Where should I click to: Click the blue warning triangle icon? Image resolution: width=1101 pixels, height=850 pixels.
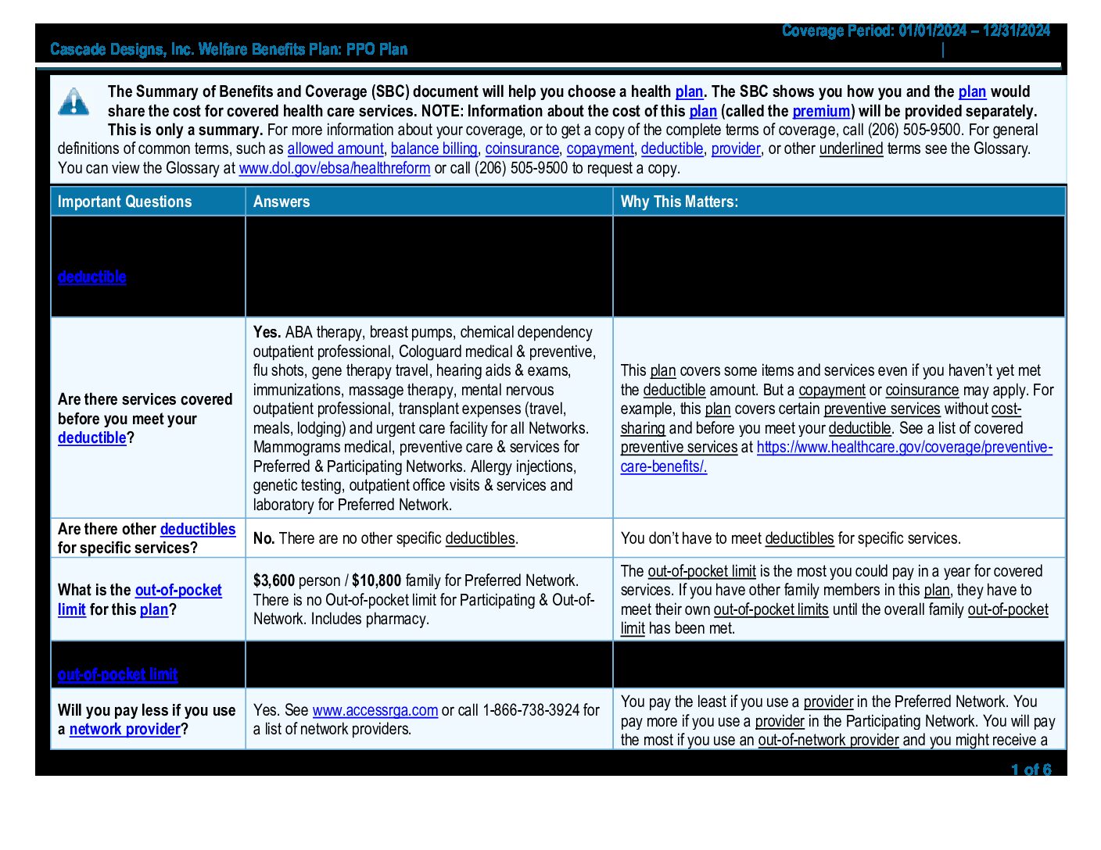pos(74,102)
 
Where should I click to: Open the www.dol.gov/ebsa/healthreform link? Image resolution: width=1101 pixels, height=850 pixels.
pos(334,168)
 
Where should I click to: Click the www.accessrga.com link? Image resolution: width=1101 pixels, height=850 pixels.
pos(375,710)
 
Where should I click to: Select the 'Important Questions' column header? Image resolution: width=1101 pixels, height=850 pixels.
pos(124,202)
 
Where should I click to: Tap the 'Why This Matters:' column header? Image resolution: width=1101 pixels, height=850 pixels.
pos(679,202)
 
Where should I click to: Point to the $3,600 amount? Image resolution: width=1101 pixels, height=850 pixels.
pos(274,580)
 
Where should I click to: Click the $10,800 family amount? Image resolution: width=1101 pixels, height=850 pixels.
pos(376,580)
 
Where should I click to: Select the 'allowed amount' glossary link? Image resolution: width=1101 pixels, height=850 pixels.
pos(335,148)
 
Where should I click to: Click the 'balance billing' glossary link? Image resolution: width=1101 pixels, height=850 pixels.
pos(434,148)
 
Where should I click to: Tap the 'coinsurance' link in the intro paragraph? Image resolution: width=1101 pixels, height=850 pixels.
pos(522,148)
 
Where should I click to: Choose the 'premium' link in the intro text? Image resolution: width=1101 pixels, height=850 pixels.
pos(821,111)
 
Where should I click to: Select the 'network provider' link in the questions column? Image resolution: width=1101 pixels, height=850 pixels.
pos(124,729)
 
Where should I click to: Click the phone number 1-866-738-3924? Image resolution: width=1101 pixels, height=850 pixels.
pos(533,710)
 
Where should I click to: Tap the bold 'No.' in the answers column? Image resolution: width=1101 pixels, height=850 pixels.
pos(264,538)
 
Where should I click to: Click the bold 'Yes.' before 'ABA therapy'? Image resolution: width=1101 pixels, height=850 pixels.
pos(267,332)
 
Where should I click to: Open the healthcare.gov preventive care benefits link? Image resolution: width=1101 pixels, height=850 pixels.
pos(904,448)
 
